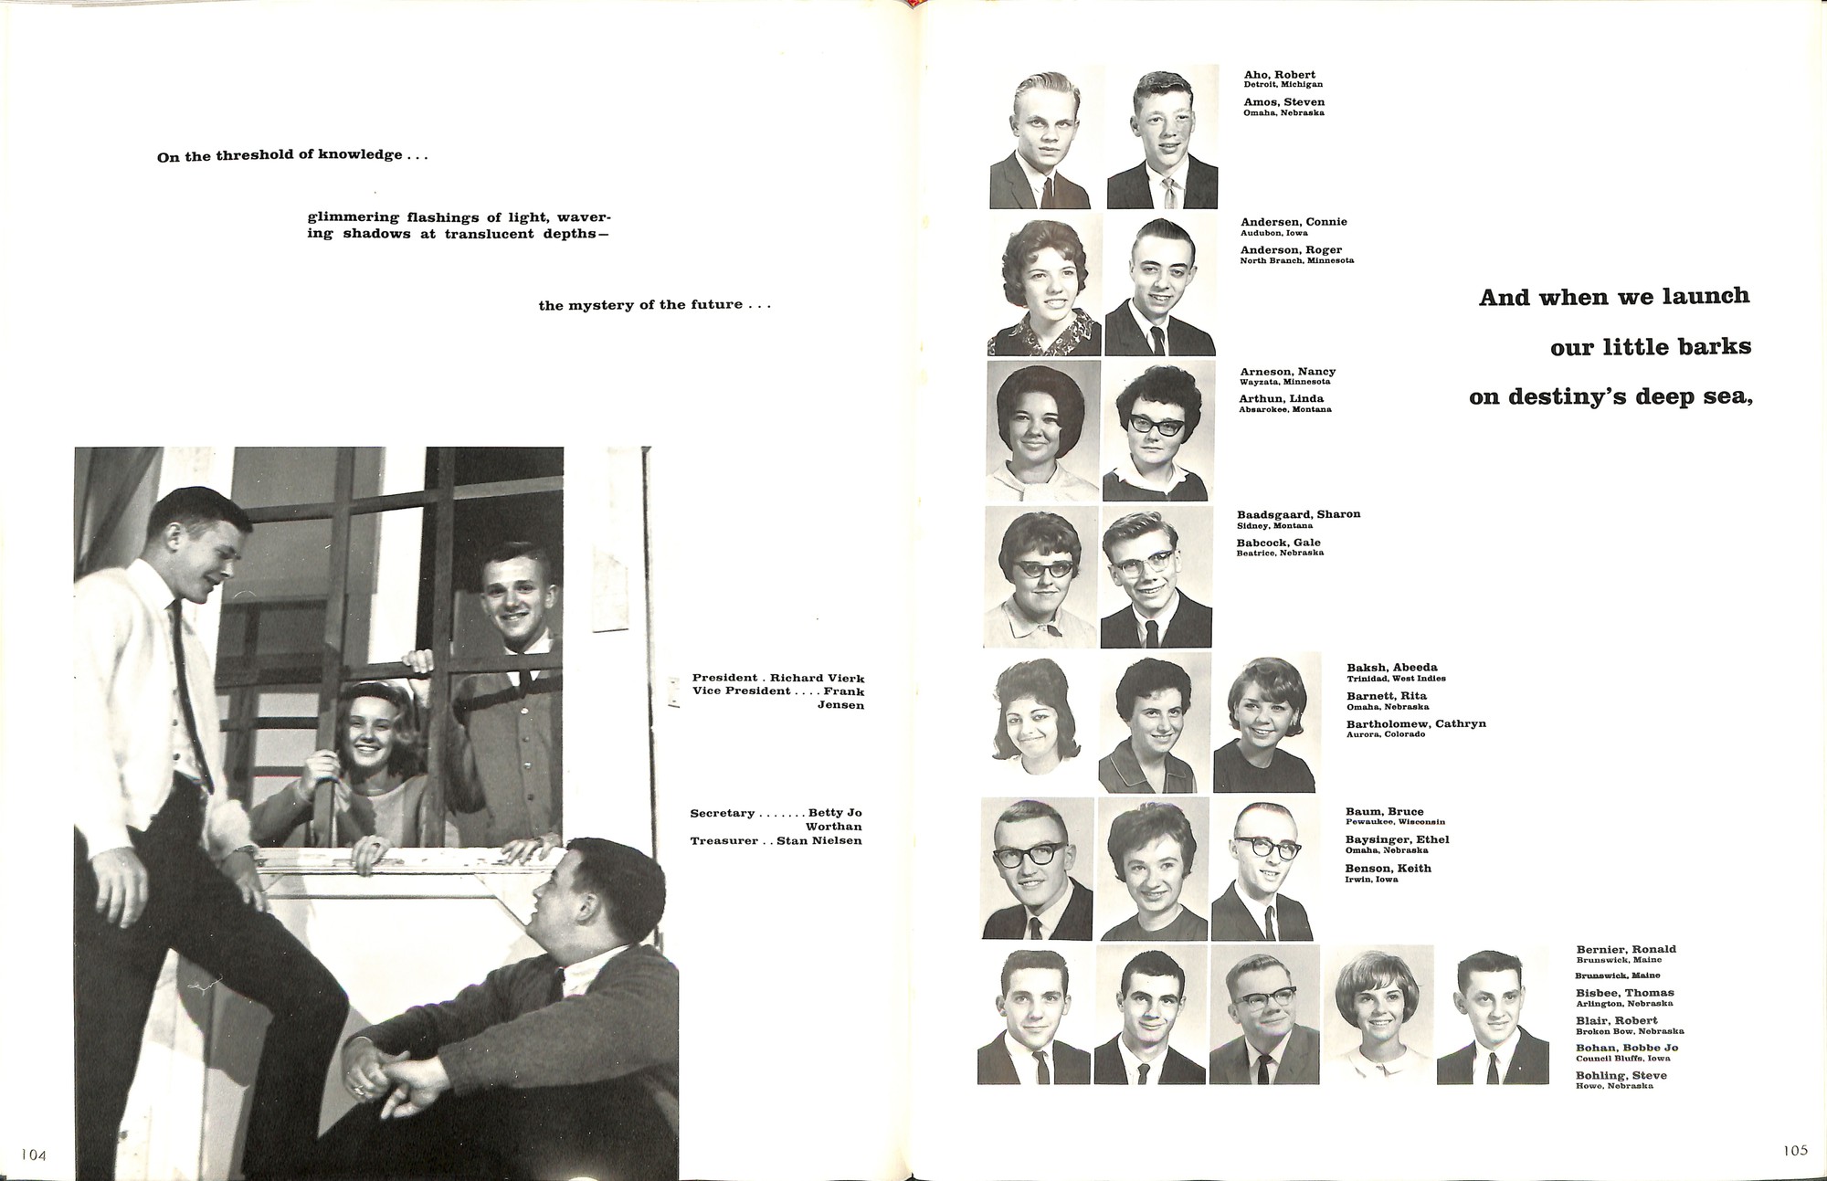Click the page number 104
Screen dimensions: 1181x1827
[x=34, y=1155]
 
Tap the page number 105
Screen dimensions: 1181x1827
[x=1795, y=1150]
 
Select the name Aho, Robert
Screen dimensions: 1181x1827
[x=1279, y=75]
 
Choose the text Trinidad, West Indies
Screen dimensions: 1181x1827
[x=1396, y=679]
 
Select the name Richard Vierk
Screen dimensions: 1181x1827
[x=817, y=678]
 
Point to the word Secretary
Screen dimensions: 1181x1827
[x=723, y=813]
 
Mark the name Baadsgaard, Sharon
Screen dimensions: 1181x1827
[x=1298, y=514]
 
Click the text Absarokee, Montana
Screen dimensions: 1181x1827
[x=1284, y=409]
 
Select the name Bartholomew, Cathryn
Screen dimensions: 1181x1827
[x=1416, y=723]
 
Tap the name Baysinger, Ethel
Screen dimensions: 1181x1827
[x=1397, y=839]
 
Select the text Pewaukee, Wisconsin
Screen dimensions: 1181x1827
[x=1395, y=822]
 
